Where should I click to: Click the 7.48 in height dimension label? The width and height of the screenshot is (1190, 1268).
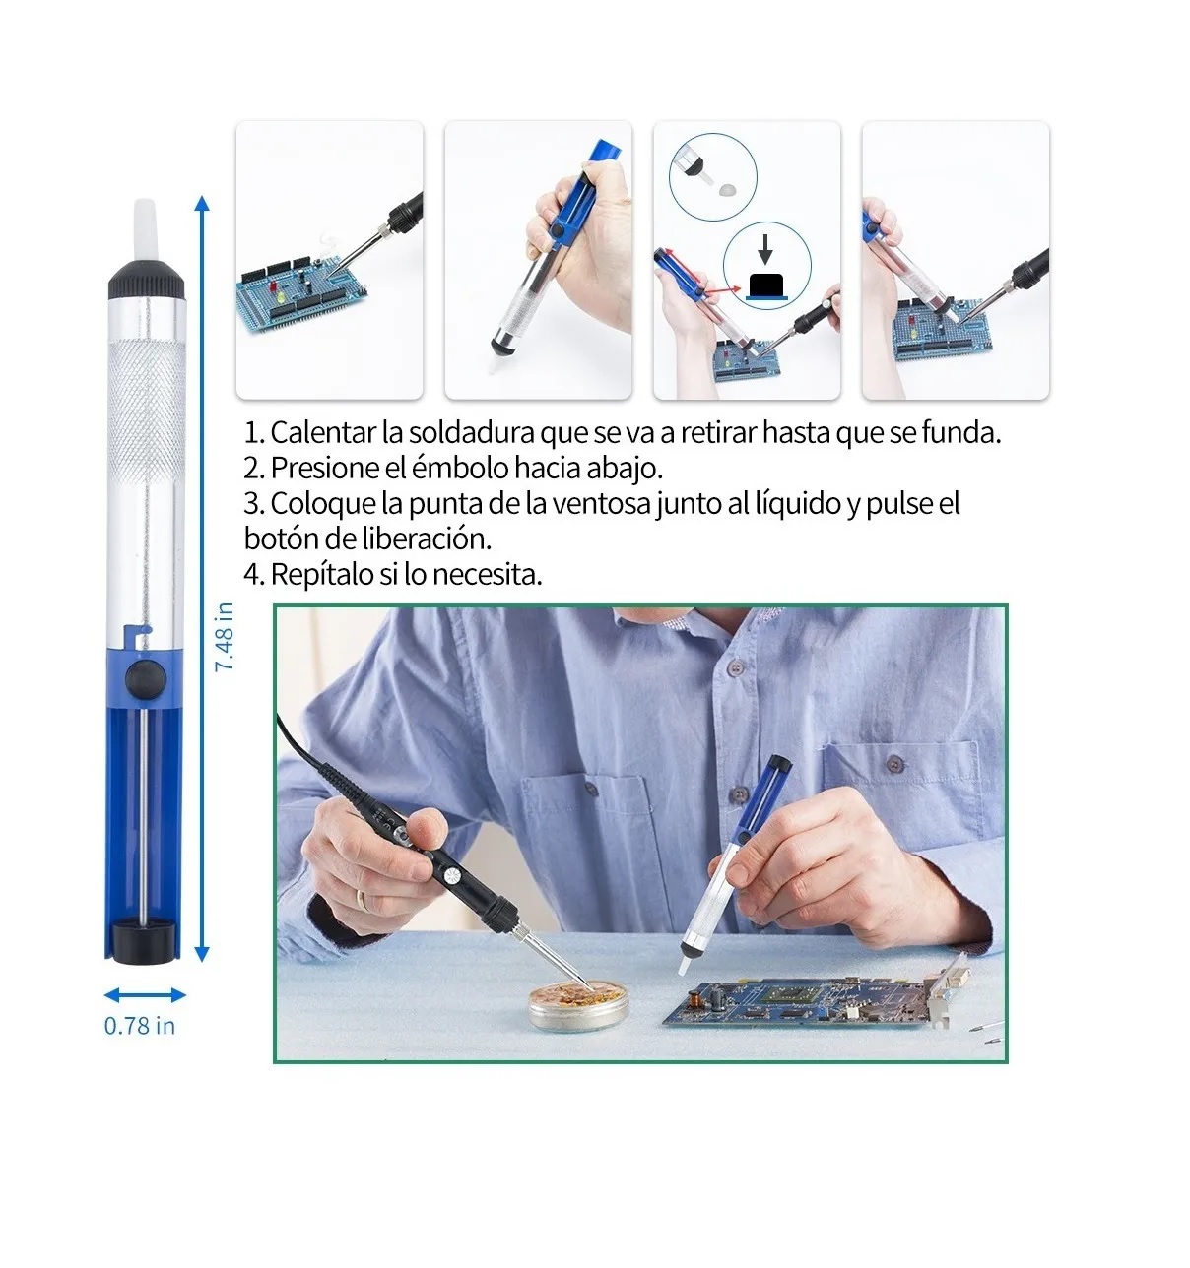point(225,637)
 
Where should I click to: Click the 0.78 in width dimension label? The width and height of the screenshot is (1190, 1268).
point(140,1026)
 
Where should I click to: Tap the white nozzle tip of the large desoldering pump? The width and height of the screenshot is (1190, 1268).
point(145,233)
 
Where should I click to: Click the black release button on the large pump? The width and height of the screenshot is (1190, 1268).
point(148,676)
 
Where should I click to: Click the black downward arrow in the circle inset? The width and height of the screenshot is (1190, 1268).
point(764,249)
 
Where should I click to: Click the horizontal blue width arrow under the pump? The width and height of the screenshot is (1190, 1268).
point(145,995)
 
